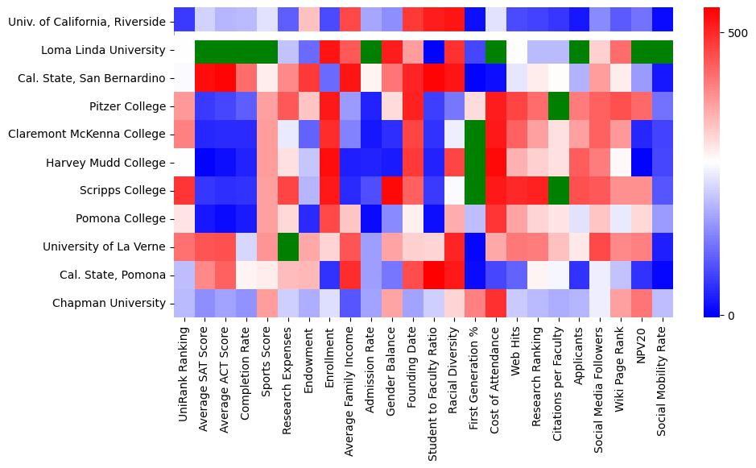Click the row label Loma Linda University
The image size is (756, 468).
click(x=102, y=51)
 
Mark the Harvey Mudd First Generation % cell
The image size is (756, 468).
click(x=476, y=163)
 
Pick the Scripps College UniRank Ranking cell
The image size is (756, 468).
click(x=184, y=191)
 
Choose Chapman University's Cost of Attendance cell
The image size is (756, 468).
click(x=497, y=303)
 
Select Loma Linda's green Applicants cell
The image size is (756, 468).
click(x=580, y=51)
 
